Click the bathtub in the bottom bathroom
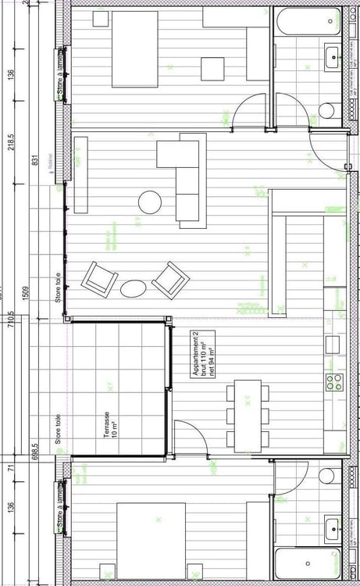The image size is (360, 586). click(x=308, y=564)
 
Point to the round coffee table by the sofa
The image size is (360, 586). click(x=151, y=202)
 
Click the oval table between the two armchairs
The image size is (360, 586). click(x=133, y=288)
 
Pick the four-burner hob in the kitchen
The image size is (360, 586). click(x=334, y=382)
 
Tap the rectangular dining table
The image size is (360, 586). click(x=248, y=415)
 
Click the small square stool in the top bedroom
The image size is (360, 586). click(x=212, y=70)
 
